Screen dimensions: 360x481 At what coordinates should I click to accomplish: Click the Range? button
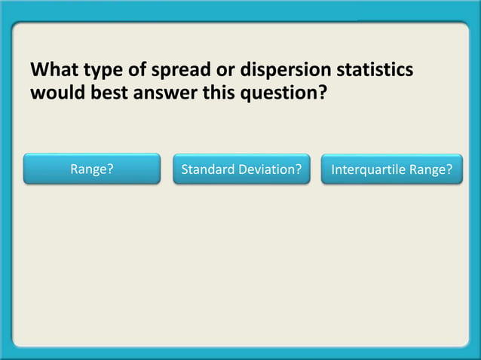[92, 169]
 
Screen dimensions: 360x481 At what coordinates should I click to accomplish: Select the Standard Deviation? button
[241, 169]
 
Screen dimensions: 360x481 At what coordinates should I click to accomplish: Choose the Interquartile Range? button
[392, 169]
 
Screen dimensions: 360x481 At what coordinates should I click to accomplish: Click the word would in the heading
[54, 95]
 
